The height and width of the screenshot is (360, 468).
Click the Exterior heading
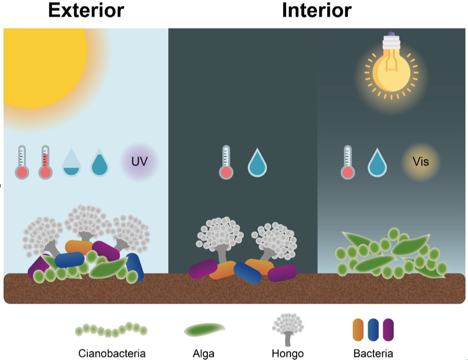coord(86,10)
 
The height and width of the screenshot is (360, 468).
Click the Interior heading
coord(317,10)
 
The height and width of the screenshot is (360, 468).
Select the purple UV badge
coord(139,161)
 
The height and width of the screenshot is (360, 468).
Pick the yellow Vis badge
coord(421,161)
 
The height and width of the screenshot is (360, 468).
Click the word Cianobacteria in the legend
coord(112,353)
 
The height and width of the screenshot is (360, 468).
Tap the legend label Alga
coord(204,354)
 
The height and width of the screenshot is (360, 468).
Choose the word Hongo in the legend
coord(288,354)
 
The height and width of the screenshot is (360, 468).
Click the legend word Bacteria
coord(373,353)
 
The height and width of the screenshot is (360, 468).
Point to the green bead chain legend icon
coord(111,330)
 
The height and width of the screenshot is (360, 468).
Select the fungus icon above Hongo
coord(288,329)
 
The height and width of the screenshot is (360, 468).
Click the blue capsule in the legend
coord(373,330)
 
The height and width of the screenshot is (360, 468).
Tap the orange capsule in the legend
coord(358,330)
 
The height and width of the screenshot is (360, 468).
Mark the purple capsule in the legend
coord(388,330)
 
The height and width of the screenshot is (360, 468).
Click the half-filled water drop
coord(71,162)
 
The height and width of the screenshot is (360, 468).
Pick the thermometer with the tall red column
coord(45,162)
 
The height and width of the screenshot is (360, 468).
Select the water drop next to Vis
coord(377,162)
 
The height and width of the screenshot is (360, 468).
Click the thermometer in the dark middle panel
coord(226,162)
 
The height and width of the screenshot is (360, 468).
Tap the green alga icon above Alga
coord(204,330)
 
